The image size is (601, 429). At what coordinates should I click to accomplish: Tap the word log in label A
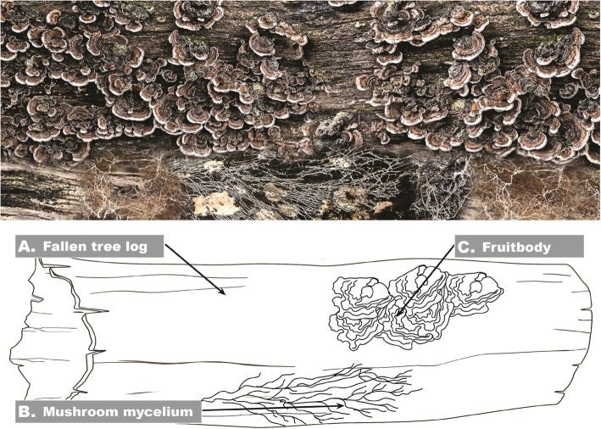click(x=136, y=247)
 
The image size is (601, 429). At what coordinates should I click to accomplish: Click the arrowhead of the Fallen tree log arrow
click(x=222, y=293)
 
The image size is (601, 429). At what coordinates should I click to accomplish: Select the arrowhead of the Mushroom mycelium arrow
click(x=344, y=406)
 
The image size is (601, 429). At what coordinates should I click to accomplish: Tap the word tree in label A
click(x=106, y=247)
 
